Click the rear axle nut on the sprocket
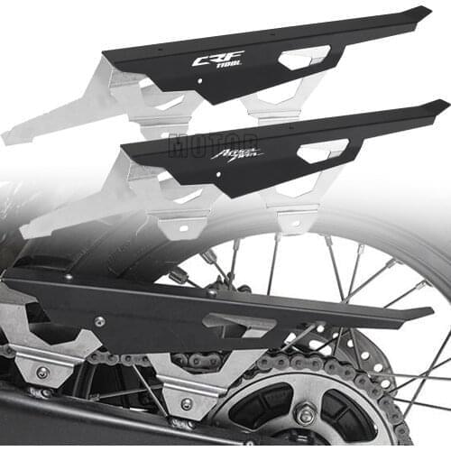(306, 415)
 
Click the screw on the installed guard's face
(99, 320)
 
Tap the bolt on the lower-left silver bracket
(42, 372)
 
